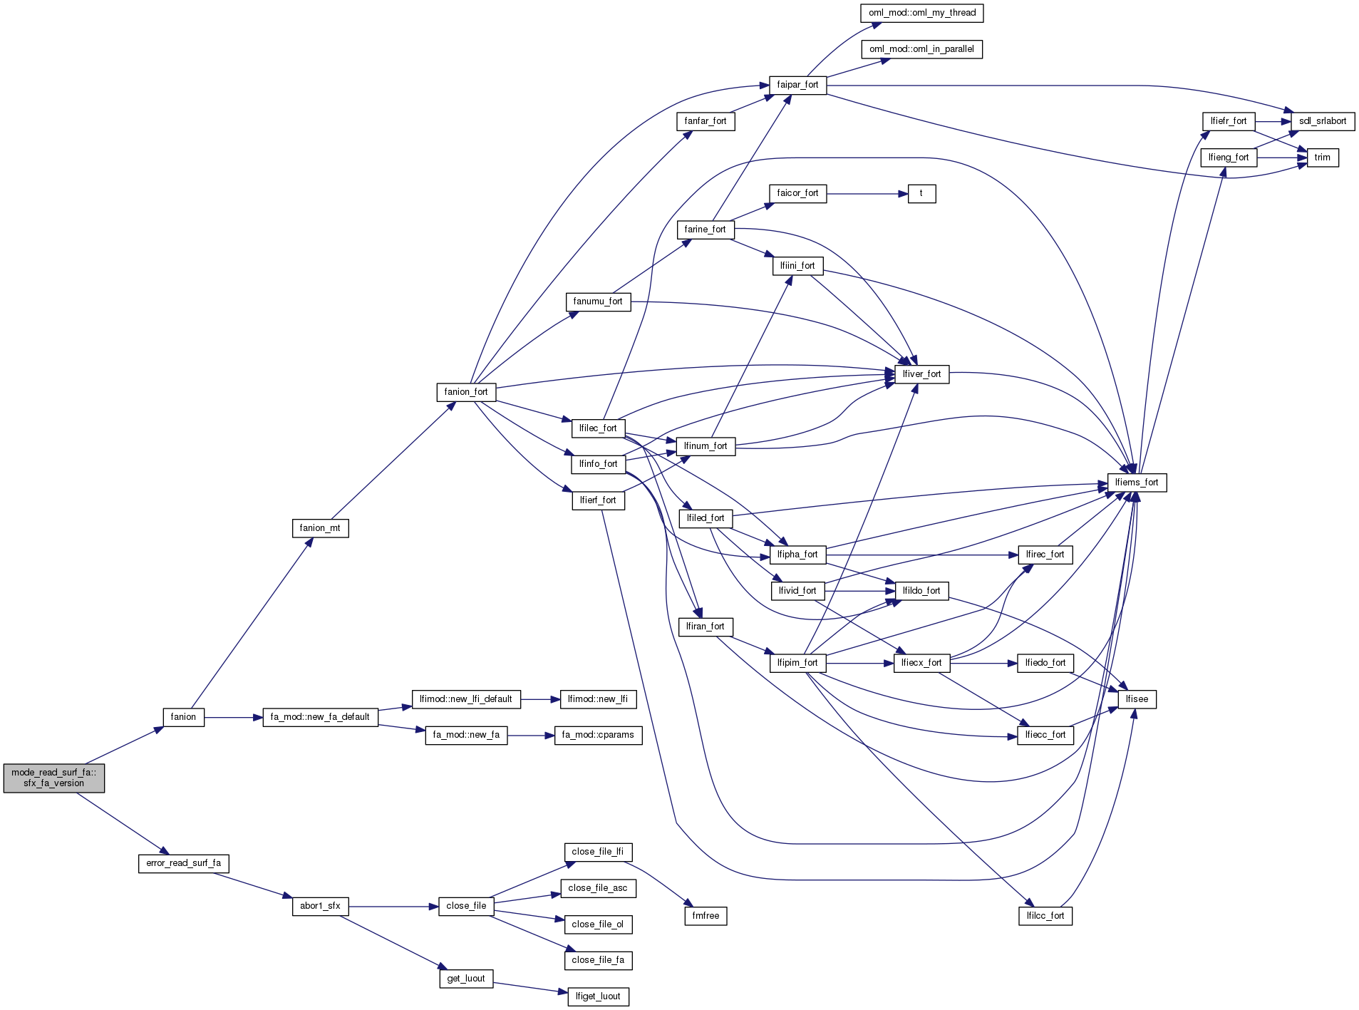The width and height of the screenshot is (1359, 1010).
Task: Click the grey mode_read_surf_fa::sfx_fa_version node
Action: (53, 778)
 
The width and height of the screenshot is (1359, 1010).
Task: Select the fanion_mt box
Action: (320, 528)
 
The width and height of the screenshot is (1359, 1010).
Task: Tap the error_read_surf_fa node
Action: (183, 863)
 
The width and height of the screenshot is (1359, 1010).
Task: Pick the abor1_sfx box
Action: (320, 906)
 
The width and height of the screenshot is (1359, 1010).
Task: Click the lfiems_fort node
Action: (1137, 483)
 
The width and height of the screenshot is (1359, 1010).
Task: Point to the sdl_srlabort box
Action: (1322, 121)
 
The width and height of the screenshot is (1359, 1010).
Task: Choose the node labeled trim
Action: (1322, 158)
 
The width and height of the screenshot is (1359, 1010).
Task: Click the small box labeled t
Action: (921, 193)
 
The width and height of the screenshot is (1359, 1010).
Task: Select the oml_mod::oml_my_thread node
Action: (921, 13)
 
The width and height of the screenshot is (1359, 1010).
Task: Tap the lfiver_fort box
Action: (921, 374)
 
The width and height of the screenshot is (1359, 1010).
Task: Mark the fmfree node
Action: (705, 916)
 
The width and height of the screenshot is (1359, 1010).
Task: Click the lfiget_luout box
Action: (598, 996)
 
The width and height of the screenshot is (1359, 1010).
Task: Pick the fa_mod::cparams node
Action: (598, 735)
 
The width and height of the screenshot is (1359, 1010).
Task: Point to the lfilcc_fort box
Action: (1045, 916)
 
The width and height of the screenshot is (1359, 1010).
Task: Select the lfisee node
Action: (1137, 699)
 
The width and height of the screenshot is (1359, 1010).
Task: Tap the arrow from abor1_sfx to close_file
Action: (393, 907)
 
